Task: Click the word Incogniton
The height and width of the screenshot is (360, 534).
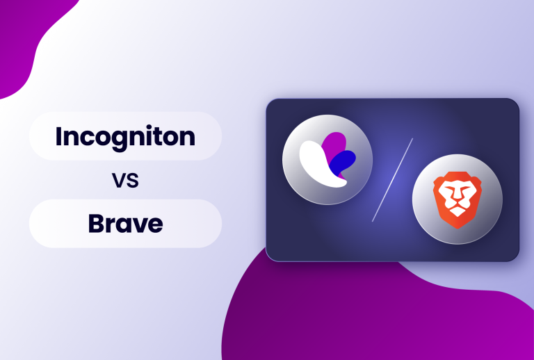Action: (x=125, y=136)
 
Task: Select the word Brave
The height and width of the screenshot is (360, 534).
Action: (x=125, y=224)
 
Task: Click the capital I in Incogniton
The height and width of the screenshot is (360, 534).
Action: (x=59, y=136)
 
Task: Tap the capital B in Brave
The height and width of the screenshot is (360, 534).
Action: (x=96, y=224)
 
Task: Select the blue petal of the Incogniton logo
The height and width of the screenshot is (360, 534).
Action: (x=343, y=162)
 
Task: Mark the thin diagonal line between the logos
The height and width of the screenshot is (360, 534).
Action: (x=393, y=179)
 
